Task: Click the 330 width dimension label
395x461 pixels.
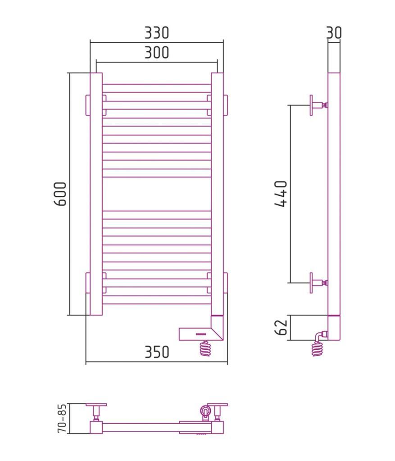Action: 157,32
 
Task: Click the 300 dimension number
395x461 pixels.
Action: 157,53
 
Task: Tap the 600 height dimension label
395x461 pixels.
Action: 61,194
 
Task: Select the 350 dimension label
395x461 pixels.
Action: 157,352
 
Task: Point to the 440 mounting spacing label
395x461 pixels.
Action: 281,194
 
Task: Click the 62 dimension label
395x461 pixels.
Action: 281,328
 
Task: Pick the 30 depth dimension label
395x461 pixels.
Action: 334,32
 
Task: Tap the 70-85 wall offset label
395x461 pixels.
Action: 62,418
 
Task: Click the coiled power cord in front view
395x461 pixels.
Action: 205,348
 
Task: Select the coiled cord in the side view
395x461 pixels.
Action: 318,348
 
